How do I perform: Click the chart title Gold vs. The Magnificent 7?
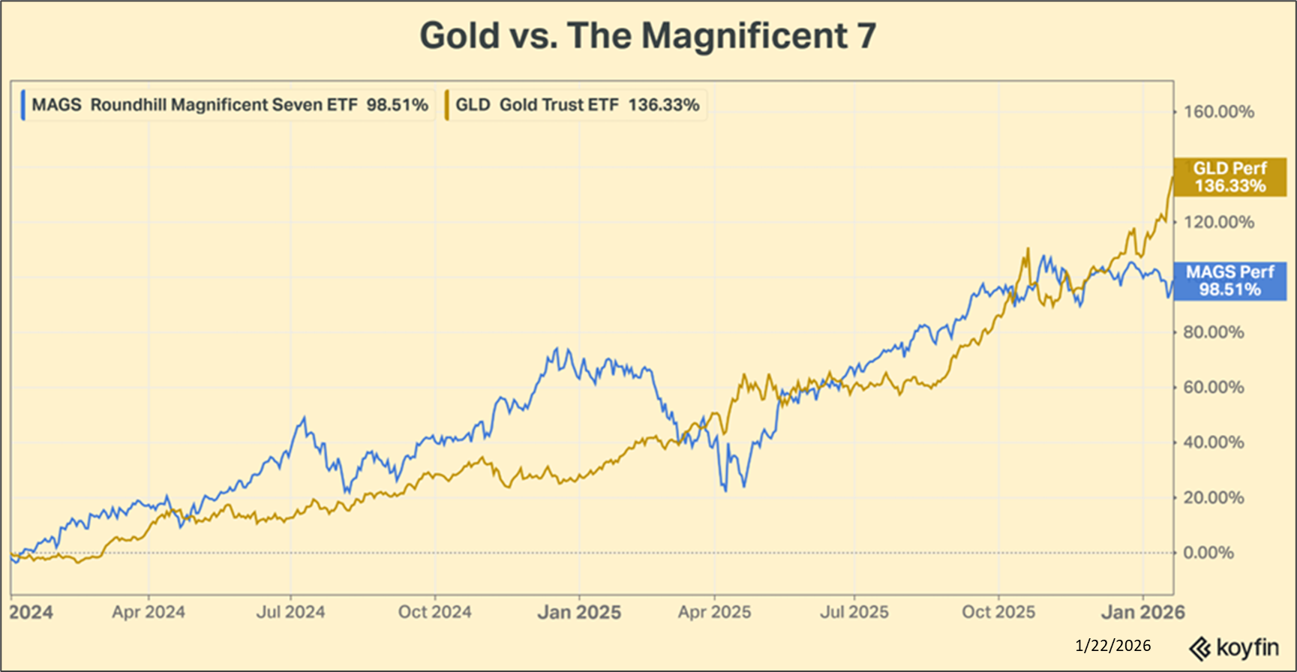click(647, 35)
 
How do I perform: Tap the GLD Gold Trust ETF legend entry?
click(577, 105)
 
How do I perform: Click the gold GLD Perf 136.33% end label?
click(1229, 177)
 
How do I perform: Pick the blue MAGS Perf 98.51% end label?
click(1229, 281)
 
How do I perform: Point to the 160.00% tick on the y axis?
click(1218, 112)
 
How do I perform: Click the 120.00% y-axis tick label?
click(1218, 222)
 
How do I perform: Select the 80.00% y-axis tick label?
click(1213, 332)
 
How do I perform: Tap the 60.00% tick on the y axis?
click(1213, 388)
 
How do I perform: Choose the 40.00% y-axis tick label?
click(1213, 442)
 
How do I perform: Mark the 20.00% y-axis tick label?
click(1213, 498)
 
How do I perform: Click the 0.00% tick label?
click(1208, 553)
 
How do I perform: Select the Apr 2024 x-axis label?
click(149, 612)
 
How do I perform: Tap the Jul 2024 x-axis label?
click(290, 612)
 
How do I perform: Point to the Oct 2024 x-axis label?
click(434, 612)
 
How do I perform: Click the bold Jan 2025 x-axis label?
click(579, 613)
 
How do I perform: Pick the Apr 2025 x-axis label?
click(714, 612)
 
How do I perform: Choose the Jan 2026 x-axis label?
click(1142, 613)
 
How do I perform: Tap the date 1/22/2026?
click(1112, 646)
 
